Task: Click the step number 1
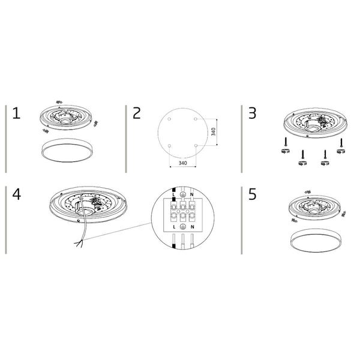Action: point(16,113)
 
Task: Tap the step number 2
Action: point(137,113)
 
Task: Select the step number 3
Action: point(253,113)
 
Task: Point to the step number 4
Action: point(17,194)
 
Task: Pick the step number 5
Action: point(253,194)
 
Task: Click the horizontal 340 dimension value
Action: point(183,163)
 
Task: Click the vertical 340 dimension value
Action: point(213,132)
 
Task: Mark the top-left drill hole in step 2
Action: point(169,119)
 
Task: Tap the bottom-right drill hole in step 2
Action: point(196,146)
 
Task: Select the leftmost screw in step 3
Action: point(286,142)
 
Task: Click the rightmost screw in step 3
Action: point(341,143)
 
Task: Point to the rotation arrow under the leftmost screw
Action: point(286,151)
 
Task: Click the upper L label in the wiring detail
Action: point(173,194)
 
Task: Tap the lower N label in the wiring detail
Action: point(193,227)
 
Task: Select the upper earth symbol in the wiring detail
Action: point(183,194)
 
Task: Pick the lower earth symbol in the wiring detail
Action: point(183,226)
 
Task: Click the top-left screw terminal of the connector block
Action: point(173,208)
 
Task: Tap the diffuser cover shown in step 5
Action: point(316,241)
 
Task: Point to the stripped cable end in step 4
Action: point(79,243)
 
